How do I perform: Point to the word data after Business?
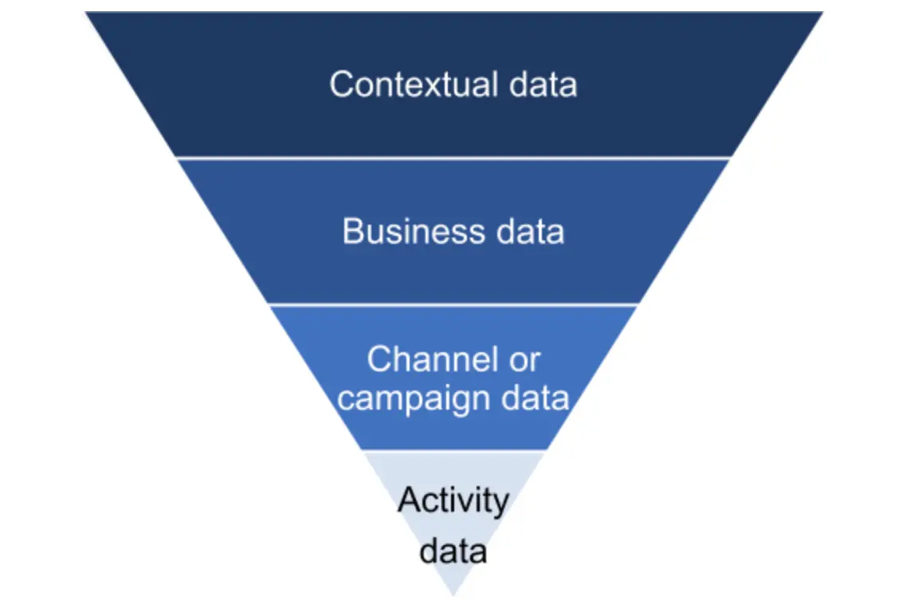click(528, 232)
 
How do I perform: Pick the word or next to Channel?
click(524, 360)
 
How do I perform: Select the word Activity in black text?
click(453, 500)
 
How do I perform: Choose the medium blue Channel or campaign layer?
click(454, 430)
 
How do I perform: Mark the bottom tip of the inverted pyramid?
click(453, 594)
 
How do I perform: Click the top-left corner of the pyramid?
click(88, 14)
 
